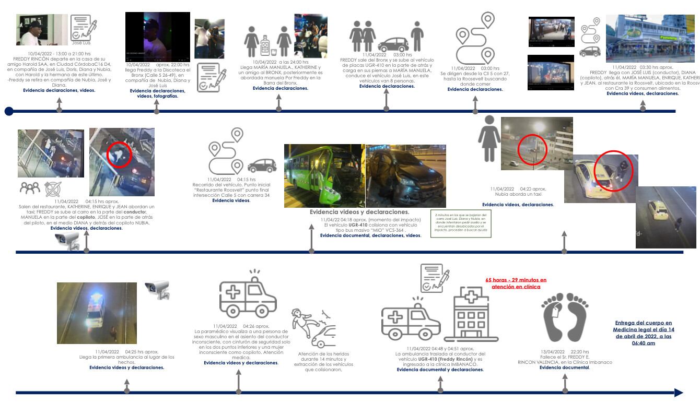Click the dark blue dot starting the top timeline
tap(9, 111)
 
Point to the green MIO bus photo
tap(324, 176)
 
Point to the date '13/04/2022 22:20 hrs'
tap(565, 351)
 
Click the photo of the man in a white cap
tap(42, 30)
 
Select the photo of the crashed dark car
tap(406, 176)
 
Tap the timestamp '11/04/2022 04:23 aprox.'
tap(518, 189)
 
